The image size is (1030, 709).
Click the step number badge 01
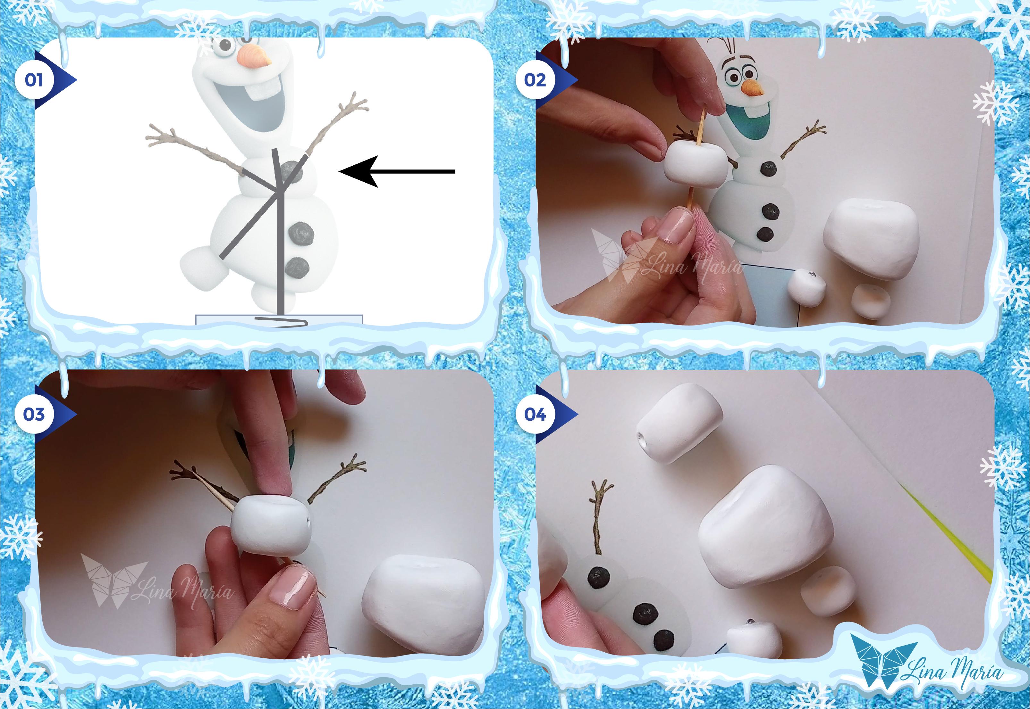pyautogui.click(x=34, y=80)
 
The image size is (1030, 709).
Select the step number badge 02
pyautogui.click(x=535, y=80)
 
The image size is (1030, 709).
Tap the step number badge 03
pyautogui.click(x=34, y=415)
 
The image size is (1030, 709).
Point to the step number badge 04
pyautogui.click(x=535, y=415)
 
